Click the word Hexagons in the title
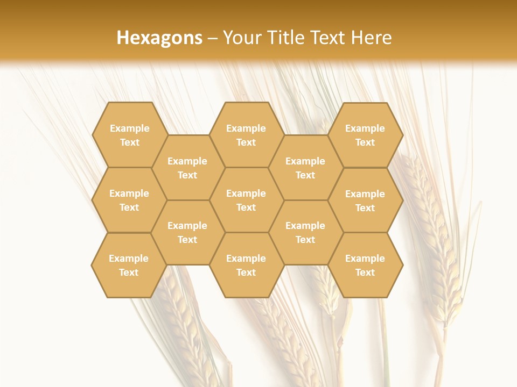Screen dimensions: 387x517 [x=159, y=38]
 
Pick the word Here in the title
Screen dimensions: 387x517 [x=372, y=38]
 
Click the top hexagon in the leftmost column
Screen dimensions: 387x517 [x=129, y=135]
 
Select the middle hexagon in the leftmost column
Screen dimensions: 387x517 [x=129, y=200]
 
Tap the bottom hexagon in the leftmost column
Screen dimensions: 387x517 [x=129, y=265]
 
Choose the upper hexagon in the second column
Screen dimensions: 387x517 [x=187, y=168]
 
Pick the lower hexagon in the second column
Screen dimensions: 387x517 [x=187, y=232]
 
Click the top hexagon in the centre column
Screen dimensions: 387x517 [x=246, y=135]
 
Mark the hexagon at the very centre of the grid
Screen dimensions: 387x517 [x=246, y=200]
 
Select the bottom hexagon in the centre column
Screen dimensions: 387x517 [x=246, y=265]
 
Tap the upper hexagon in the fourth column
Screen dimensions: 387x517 [x=305, y=168]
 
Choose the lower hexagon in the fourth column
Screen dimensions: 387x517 [x=305, y=232]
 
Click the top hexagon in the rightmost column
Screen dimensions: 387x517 [x=365, y=135]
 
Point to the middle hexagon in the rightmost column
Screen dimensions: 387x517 [x=365, y=200]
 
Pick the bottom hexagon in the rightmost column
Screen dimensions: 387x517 [x=365, y=265]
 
